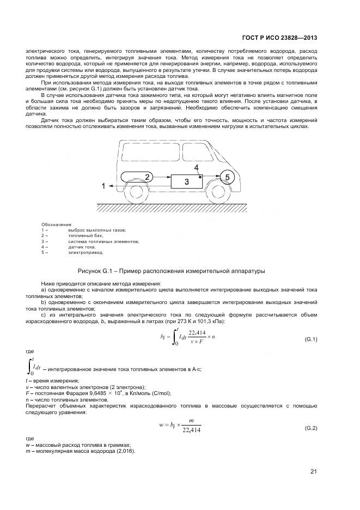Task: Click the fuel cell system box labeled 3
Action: click(x=186, y=181)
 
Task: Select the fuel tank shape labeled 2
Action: click(x=132, y=176)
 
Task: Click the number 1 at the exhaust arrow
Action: click(x=103, y=186)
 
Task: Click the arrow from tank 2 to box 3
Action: click(x=160, y=177)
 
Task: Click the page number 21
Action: click(x=313, y=471)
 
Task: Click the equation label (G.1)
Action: click(x=310, y=339)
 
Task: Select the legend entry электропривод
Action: click(x=85, y=252)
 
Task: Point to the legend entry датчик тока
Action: click(x=82, y=247)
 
